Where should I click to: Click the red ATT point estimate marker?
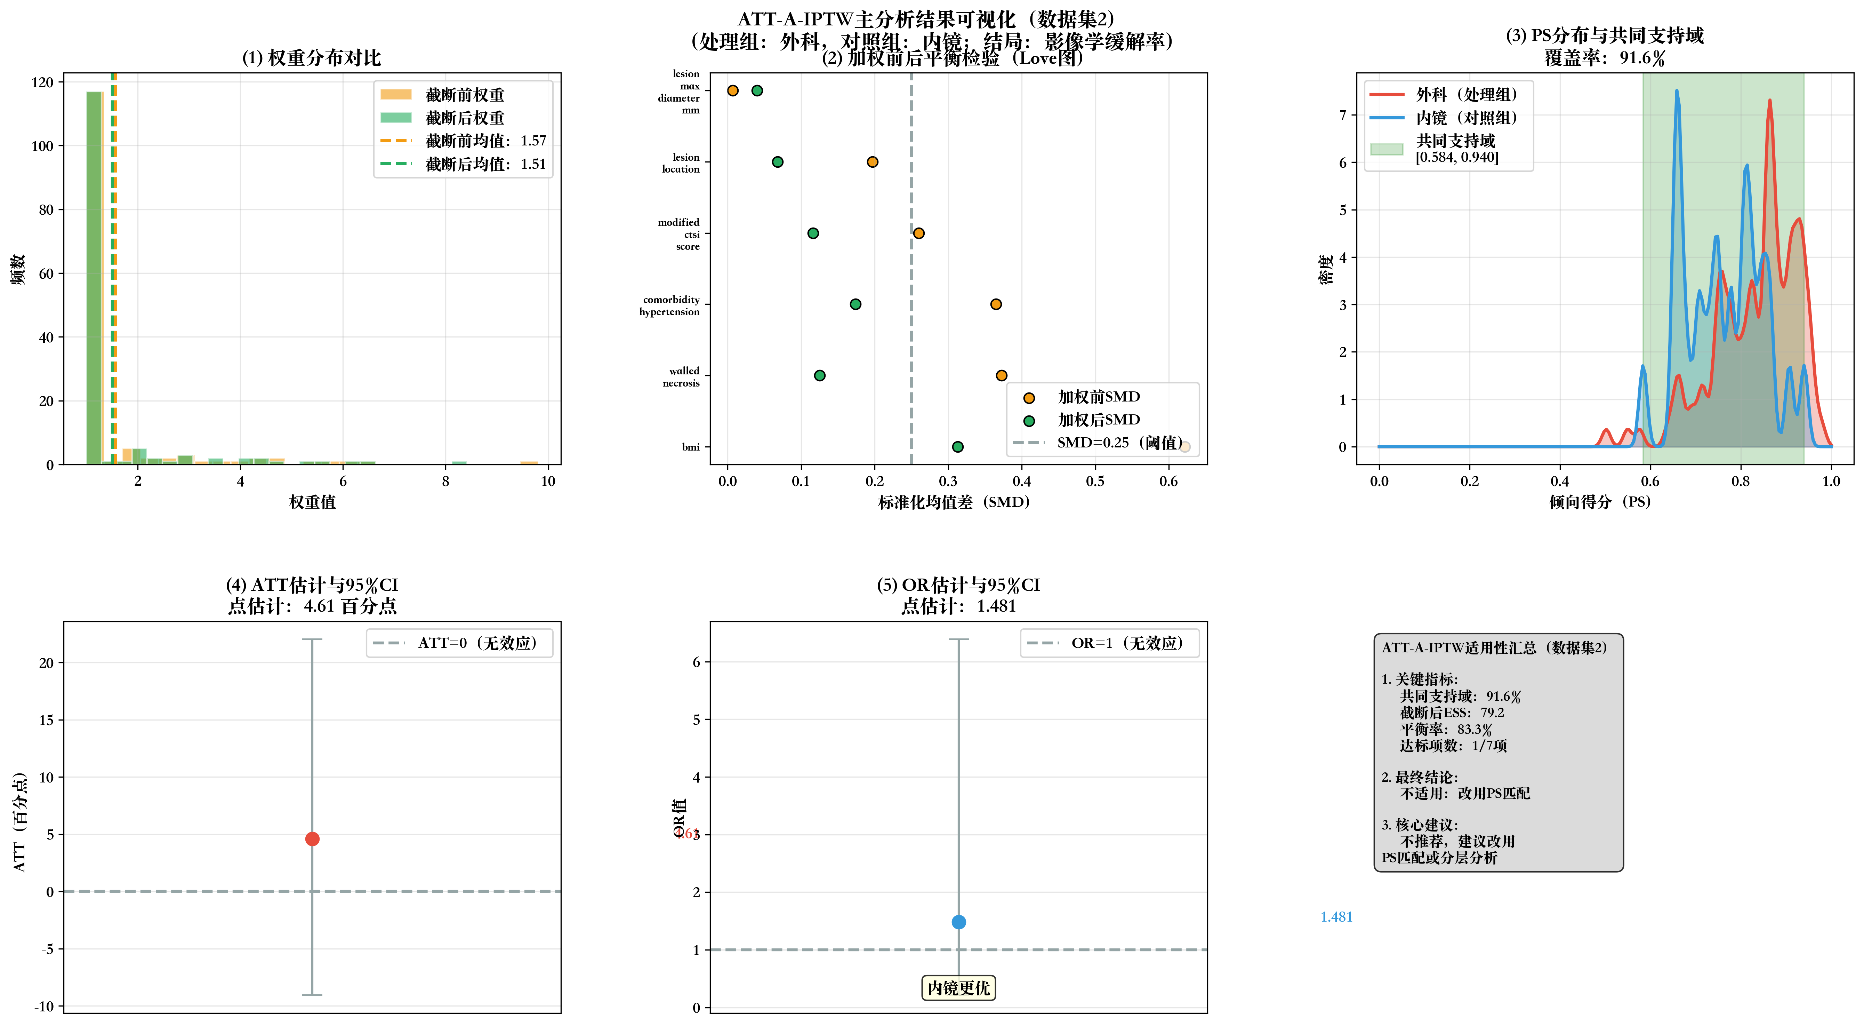[312, 838]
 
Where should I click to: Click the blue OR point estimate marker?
[958, 922]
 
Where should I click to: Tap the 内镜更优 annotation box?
[958, 988]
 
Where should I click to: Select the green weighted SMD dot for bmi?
[957, 447]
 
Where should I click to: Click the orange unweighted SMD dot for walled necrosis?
[1001, 375]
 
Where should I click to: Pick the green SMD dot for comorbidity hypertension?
[855, 304]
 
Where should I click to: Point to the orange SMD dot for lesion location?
[872, 161]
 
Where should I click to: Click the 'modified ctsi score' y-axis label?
[679, 234]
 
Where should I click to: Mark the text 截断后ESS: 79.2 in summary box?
[1452, 713]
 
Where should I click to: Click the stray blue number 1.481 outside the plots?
[1336, 917]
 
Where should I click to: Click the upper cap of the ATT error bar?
[312, 639]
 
